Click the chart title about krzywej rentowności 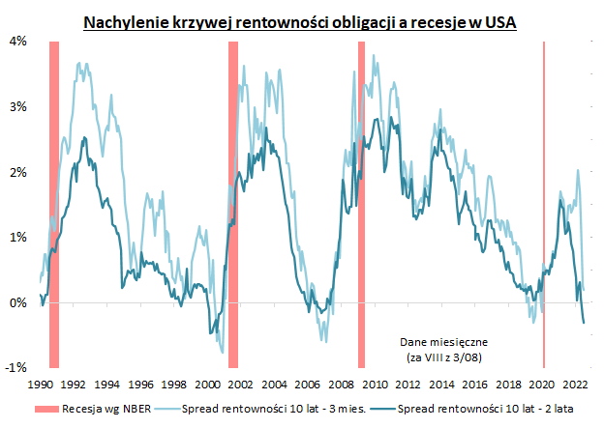[x=299, y=21]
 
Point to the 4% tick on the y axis [x=17, y=42]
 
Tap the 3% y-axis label [x=17, y=106]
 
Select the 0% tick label [x=17, y=302]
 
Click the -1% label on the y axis [x=15, y=368]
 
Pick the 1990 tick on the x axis [x=40, y=382]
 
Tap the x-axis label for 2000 [x=208, y=382]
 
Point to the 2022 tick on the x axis [x=576, y=382]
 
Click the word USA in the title [x=498, y=21]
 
